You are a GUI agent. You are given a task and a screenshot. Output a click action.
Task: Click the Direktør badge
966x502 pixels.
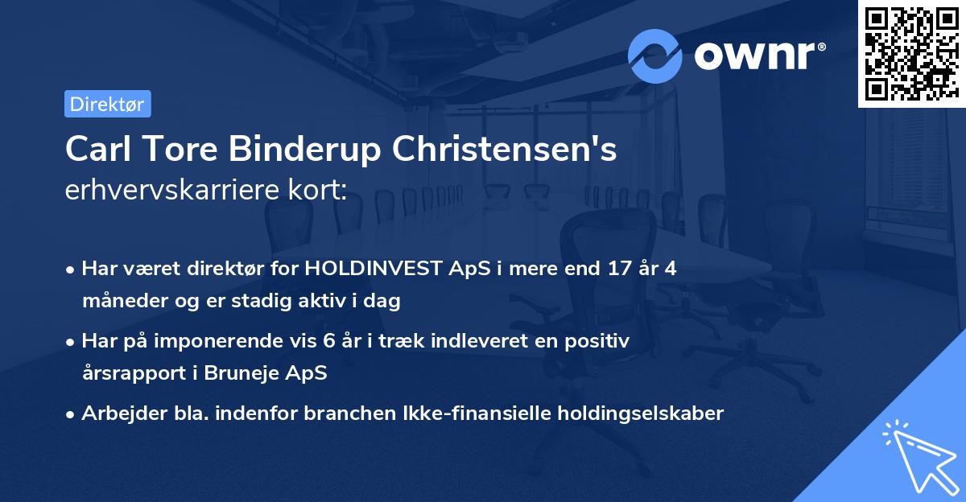(x=107, y=104)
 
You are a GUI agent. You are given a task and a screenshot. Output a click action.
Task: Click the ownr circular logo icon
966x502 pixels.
(x=655, y=56)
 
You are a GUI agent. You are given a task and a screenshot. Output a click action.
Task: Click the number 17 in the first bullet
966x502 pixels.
(x=613, y=269)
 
